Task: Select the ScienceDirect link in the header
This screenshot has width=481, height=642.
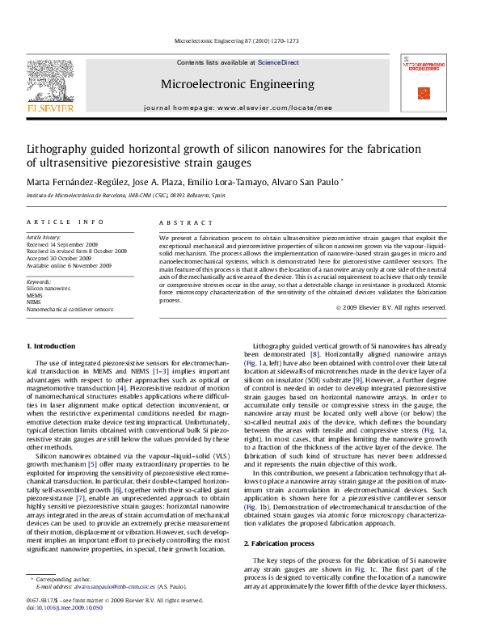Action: click(278, 62)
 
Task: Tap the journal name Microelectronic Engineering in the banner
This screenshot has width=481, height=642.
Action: click(238, 84)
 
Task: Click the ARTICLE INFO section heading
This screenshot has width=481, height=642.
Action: click(65, 222)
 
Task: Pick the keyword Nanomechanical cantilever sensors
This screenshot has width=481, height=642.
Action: click(70, 310)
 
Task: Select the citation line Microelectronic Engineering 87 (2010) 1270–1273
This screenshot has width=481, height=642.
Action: click(238, 41)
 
